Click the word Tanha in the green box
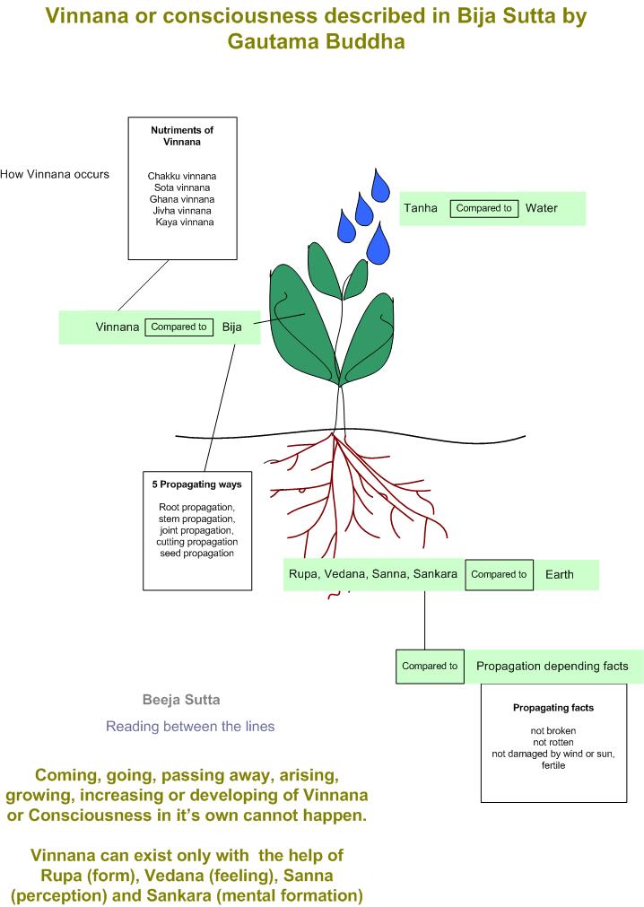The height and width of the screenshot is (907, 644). pyautogui.click(x=421, y=208)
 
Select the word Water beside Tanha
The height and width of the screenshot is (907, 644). pyautogui.click(x=542, y=208)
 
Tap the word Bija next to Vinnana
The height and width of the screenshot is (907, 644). pyautogui.click(x=232, y=327)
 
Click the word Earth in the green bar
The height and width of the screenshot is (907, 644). pyautogui.click(x=560, y=574)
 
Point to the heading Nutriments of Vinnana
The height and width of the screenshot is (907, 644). pyautogui.click(x=182, y=136)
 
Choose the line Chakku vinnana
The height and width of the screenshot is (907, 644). pyautogui.click(x=182, y=176)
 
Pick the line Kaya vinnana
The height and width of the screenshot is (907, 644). pyautogui.click(x=184, y=222)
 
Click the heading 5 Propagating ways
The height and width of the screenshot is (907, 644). pyautogui.click(x=196, y=484)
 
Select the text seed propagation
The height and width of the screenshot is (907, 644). pyautogui.click(x=196, y=554)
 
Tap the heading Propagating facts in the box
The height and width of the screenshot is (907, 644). pyautogui.click(x=553, y=708)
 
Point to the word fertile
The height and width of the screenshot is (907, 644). pyautogui.click(x=553, y=765)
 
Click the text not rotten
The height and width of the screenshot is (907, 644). pyautogui.click(x=553, y=742)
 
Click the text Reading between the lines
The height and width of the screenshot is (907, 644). pyautogui.click(x=190, y=727)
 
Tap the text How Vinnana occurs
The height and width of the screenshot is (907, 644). pyautogui.click(x=55, y=174)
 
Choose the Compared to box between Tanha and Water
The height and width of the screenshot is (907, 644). pyautogui.click(x=484, y=208)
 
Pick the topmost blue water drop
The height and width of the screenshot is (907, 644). pyautogui.click(x=382, y=186)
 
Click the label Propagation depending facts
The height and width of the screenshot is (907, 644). pyautogui.click(x=552, y=666)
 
